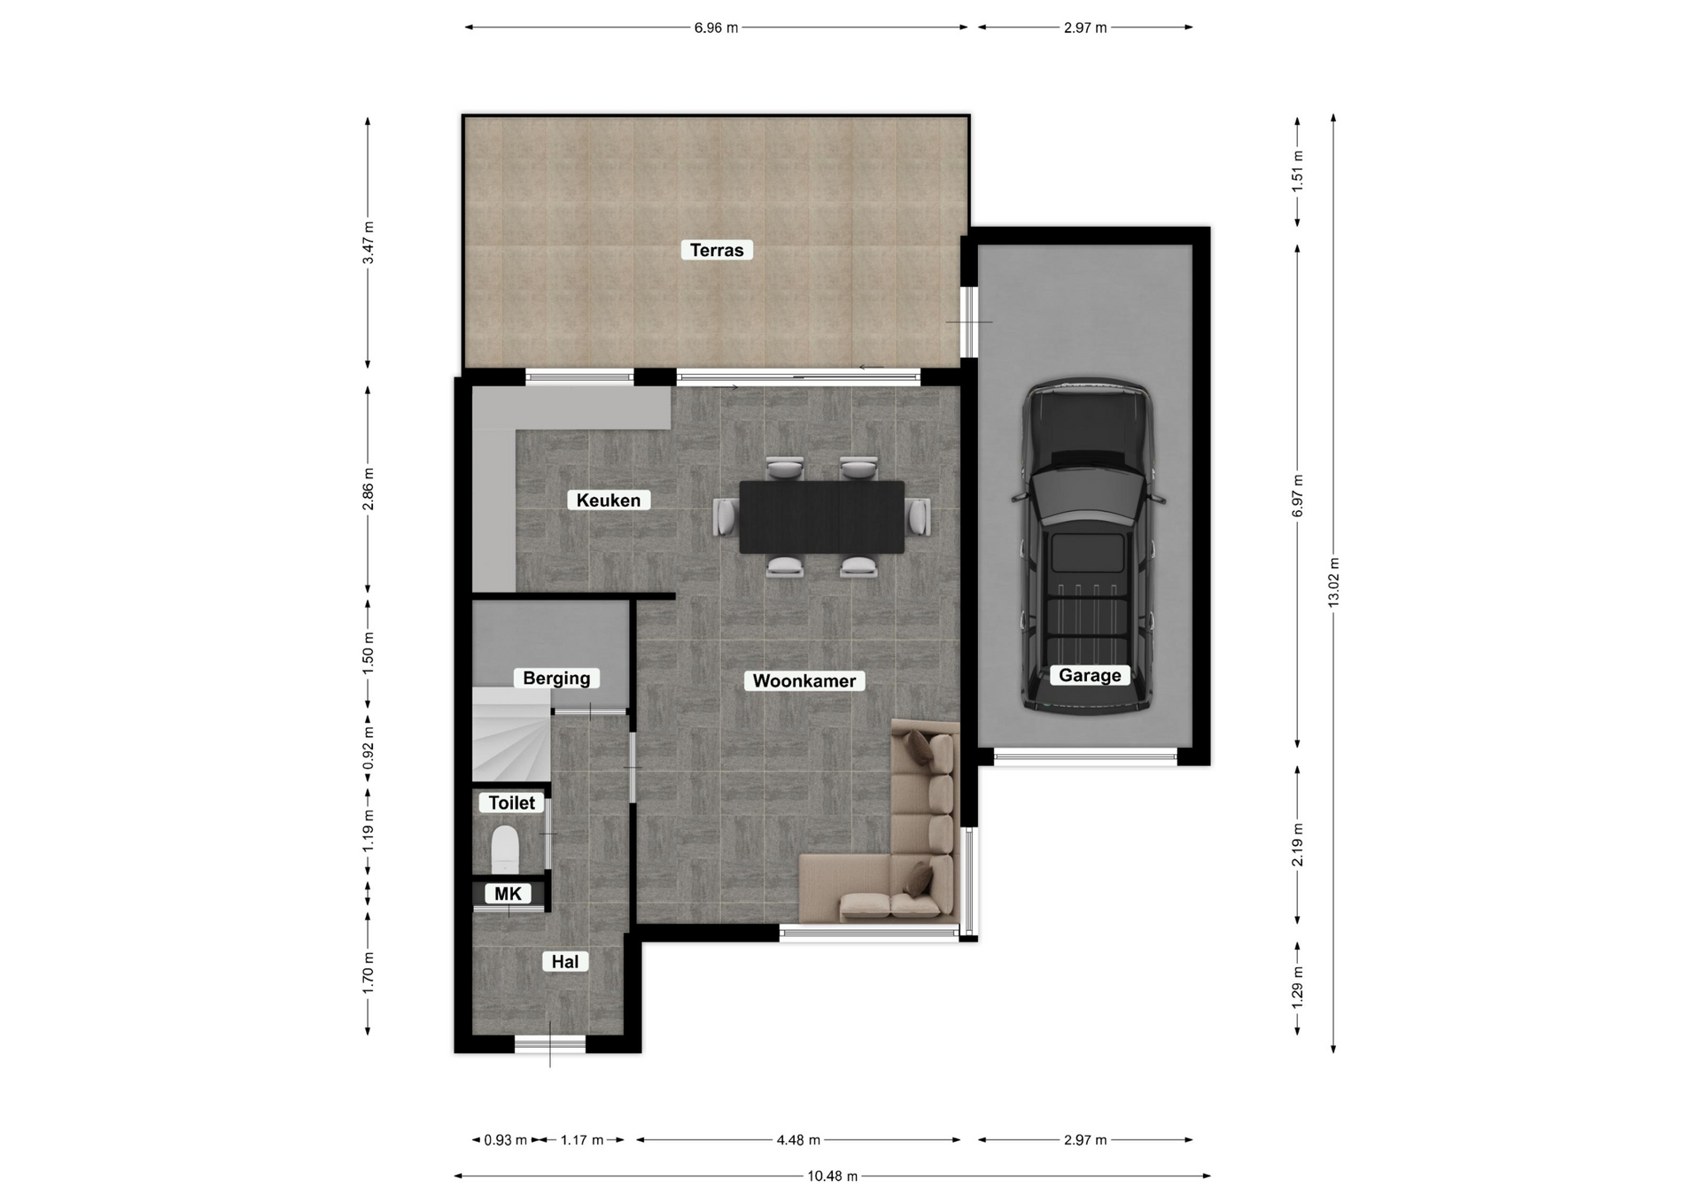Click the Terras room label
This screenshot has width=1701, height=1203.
(x=717, y=251)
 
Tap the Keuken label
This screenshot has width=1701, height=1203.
(x=609, y=501)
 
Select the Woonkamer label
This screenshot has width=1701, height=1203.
(x=804, y=681)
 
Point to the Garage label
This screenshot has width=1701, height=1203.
(x=1090, y=676)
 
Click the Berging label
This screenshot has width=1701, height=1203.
(x=556, y=679)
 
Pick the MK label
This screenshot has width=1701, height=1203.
(x=508, y=894)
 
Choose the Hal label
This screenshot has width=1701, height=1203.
(x=565, y=962)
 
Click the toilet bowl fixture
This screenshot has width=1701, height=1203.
(x=505, y=850)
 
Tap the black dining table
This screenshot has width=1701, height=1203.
(x=822, y=517)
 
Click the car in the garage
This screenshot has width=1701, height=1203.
(x=1088, y=547)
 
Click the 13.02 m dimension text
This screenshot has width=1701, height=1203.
(x=1333, y=582)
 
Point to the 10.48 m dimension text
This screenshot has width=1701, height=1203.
(x=832, y=1176)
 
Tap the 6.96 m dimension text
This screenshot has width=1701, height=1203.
(x=716, y=27)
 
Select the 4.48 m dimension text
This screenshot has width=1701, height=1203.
(x=798, y=1140)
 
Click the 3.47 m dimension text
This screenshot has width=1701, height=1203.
(x=368, y=243)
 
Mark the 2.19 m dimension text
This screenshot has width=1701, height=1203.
(x=1298, y=845)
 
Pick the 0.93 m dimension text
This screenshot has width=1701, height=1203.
(x=505, y=1140)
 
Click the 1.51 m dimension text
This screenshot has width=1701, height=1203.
(x=1298, y=171)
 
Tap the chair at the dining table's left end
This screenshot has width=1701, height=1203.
(x=726, y=516)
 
